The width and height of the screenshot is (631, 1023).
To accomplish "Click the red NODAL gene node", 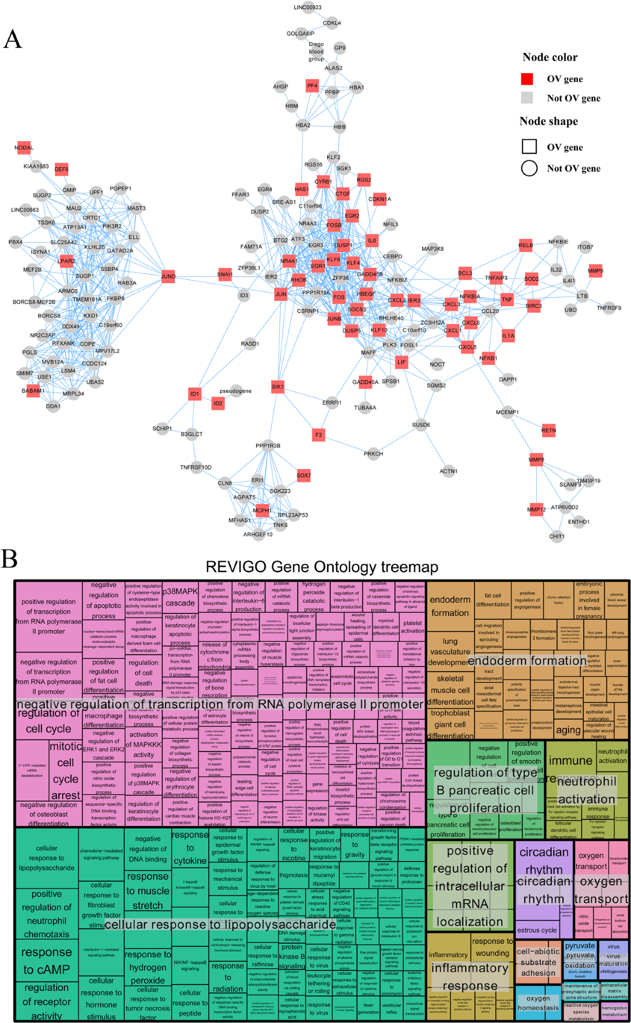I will pos(24,148).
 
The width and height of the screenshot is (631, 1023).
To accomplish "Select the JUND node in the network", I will pos(168,276).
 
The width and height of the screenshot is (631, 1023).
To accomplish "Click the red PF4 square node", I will pos(312,85).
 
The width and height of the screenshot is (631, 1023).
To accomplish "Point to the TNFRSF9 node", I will pos(609,308).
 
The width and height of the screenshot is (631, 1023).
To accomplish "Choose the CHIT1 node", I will pos(556,536).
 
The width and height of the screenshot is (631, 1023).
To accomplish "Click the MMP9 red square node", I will pos(595,271).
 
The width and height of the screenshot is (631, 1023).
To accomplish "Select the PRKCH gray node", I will pos(373,454).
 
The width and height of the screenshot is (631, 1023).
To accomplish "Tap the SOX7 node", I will pos(304,475).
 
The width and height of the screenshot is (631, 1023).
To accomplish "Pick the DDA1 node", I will pos(53,406).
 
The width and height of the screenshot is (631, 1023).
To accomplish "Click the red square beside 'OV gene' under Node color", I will pos(527,79).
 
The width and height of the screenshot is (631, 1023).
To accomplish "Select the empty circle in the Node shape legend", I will pos(529,168).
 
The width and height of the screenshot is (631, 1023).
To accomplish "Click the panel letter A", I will pos(13,39).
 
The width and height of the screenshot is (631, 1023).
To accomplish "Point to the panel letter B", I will pos(9,559).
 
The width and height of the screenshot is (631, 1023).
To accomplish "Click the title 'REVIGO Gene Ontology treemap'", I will pos(322,567).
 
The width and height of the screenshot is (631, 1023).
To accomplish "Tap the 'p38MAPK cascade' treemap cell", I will pos(180,597).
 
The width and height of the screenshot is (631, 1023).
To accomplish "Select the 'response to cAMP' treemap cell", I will pos(46,961).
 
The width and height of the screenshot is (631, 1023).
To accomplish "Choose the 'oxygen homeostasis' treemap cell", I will pos(538,1002).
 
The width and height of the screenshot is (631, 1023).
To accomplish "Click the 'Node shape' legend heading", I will pos(548,121).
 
